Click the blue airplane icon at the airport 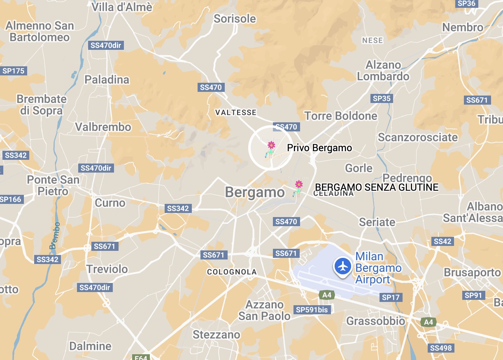(x=342, y=266)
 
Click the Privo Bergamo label (x=319, y=148)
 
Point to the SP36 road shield (x=466, y=3)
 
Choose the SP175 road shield (x=14, y=71)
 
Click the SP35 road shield (x=382, y=98)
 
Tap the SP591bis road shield (x=313, y=309)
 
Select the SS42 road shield (x=442, y=241)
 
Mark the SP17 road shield (x=391, y=297)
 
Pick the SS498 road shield (x=440, y=348)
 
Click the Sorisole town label (x=235, y=19)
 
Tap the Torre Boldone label (x=341, y=116)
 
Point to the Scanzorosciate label (x=418, y=137)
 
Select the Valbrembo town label (x=103, y=127)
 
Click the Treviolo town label (x=107, y=269)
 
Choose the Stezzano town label (x=216, y=334)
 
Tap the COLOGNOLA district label (x=232, y=272)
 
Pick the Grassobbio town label (x=376, y=321)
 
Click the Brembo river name (x=54, y=236)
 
